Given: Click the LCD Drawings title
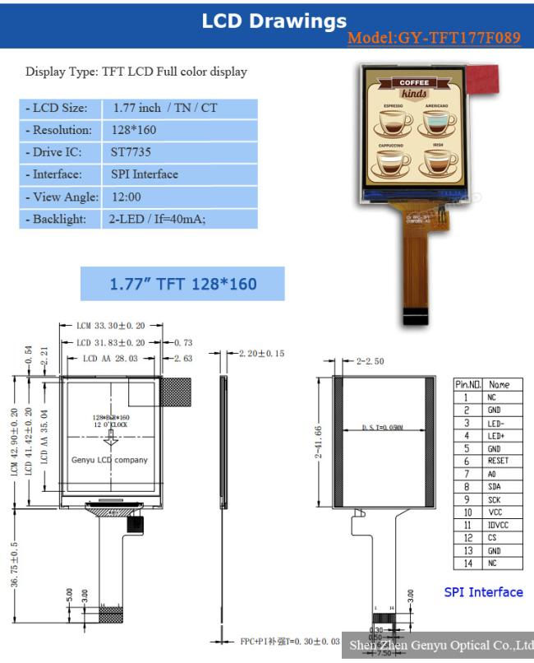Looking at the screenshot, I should pos(274,21).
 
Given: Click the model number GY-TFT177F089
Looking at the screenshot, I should pos(434,38).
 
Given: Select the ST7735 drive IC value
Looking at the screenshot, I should pos(131,152).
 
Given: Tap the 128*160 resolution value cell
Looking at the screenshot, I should pos(134,130).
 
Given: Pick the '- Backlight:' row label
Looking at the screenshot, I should pos(57,219).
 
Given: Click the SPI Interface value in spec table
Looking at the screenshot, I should pos(145,174).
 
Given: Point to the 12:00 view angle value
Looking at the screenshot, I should pos(126,197).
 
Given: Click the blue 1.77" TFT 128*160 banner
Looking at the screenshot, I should pos(182,285).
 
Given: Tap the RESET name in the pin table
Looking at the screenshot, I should pos(498,461).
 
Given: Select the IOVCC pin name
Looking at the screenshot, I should pos(498,525).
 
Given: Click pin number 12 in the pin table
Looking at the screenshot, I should pos(466,537).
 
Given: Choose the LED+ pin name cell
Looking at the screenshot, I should pos(496,435).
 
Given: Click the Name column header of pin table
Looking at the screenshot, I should pos(498,384).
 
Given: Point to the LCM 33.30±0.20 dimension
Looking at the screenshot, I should pos(110,327).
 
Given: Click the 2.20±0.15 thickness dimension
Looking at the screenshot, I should pos(261,354).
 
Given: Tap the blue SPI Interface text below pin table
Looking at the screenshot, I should pos(483,592).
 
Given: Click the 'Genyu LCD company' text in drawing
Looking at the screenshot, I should pos(110,460).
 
